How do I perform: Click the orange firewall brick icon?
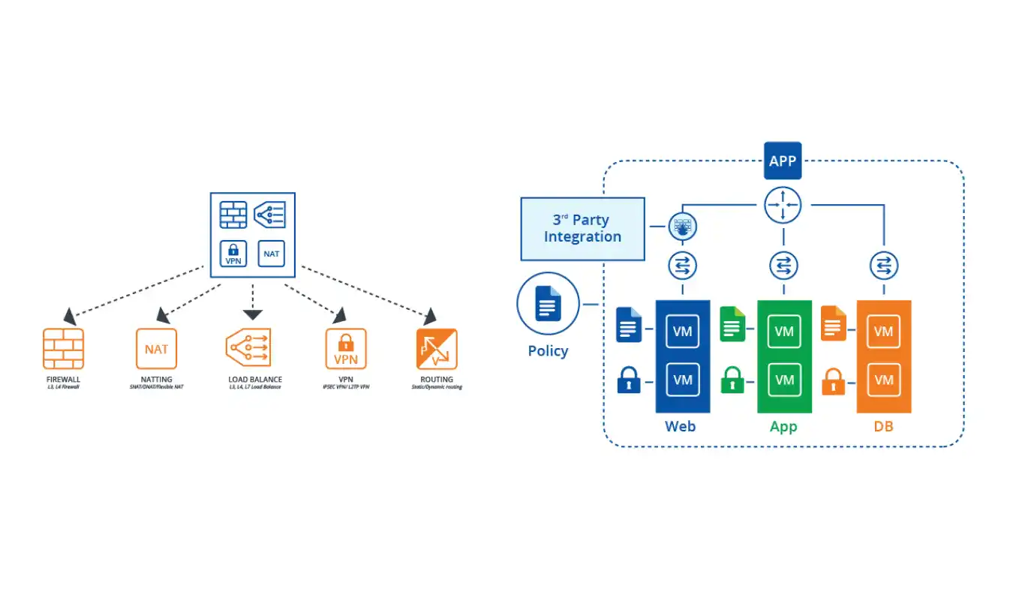point(63,349)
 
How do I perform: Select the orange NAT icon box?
point(156,349)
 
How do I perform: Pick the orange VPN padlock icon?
point(345,349)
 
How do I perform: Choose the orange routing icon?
point(437,349)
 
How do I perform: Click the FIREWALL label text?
point(63,380)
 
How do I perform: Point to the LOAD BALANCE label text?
point(255,380)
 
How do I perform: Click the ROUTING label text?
point(437,380)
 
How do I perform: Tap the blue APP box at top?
point(783,161)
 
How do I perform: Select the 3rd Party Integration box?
point(582,229)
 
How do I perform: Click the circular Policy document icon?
point(548,304)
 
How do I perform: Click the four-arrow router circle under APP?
point(783,205)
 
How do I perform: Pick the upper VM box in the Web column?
point(683,331)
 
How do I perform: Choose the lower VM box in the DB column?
point(884,380)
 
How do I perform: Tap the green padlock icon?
point(732,381)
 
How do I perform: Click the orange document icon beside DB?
point(833,323)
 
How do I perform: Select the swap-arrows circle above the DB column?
point(884,265)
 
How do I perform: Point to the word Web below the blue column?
point(680,426)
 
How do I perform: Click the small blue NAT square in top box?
point(272,254)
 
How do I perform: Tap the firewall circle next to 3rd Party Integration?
point(682,226)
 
